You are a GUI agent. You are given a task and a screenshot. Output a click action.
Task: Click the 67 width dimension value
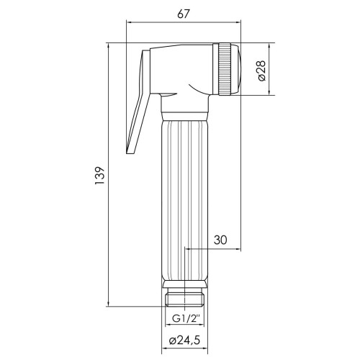[x=184, y=14]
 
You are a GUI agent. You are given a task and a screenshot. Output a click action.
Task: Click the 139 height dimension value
[x=100, y=175]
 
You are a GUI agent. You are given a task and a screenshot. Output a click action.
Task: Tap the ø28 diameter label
[x=261, y=71]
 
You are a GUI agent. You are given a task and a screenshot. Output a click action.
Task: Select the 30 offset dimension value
[x=220, y=240]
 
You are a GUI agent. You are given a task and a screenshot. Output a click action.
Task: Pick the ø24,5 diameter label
[x=184, y=341]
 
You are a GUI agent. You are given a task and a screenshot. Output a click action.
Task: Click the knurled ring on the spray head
[x=225, y=69]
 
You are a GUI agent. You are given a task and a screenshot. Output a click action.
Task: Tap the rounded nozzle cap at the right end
[x=236, y=69]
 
